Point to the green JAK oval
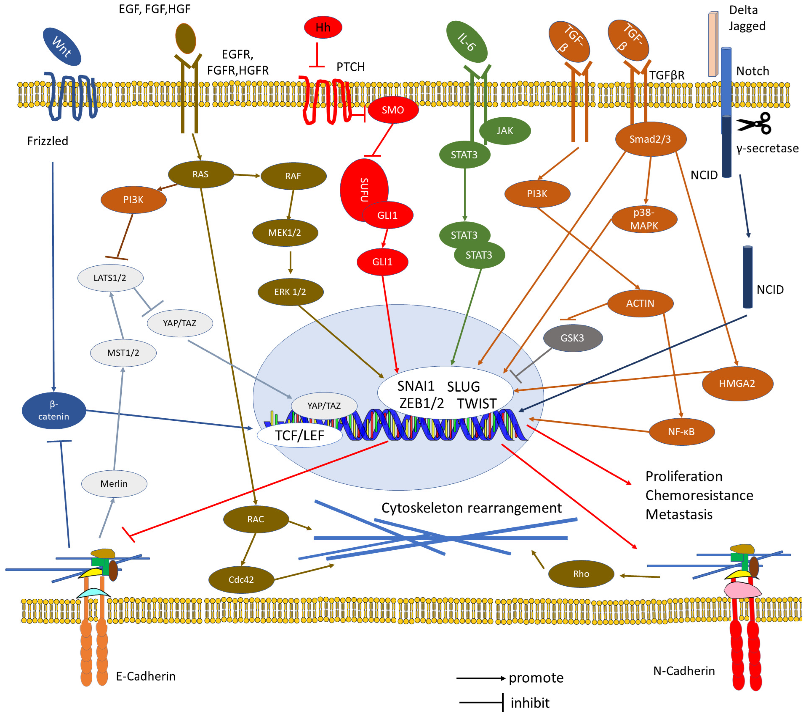(505, 131)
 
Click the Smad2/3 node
(650, 139)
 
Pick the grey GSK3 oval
(572, 338)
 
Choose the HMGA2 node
(737, 383)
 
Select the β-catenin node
(54, 410)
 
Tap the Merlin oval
(114, 484)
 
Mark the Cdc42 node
(241, 580)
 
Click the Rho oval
(581, 574)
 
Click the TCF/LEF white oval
(300, 436)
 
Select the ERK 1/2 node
(290, 292)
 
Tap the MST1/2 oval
(123, 353)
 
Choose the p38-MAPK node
(644, 219)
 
